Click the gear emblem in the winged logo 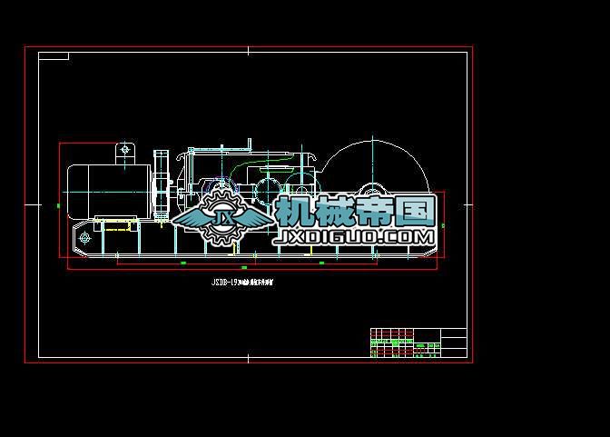coord(221,222)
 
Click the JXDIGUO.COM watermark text coord(355,236)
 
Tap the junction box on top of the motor coord(124,152)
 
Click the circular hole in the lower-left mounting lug coord(84,238)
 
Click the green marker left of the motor coord(59,206)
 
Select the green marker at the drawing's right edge coord(444,224)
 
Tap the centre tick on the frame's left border coord(32,204)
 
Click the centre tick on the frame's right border coord(470,204)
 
